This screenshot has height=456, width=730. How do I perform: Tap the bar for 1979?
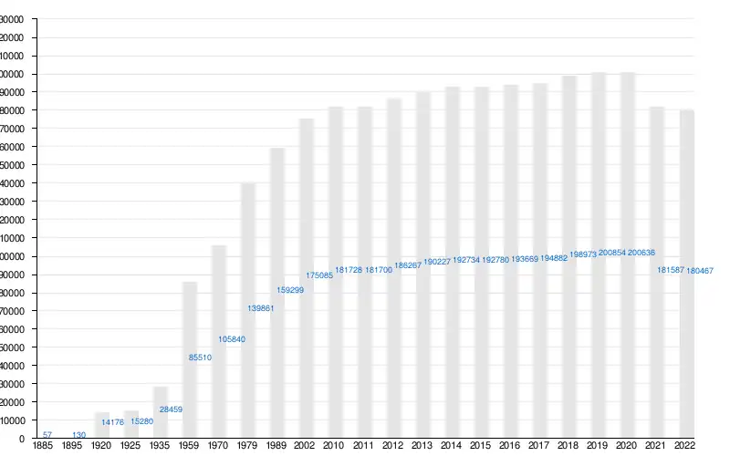click(248, 311)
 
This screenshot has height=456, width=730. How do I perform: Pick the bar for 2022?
click(686, 274)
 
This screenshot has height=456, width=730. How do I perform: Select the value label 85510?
click(200, 358)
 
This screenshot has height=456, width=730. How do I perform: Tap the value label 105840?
click(232, 339)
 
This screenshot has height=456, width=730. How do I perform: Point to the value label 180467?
click(700, 271)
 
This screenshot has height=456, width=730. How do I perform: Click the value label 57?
click(47, 434)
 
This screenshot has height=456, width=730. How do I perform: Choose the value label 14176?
click(112, 422)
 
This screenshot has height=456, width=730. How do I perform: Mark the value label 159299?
click(290, 290)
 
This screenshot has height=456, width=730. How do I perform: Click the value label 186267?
click(407, 265)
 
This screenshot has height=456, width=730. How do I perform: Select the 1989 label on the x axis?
click(277, 446)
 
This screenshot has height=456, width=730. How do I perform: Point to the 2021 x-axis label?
click(657, 446)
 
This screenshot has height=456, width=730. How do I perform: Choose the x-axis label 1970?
click(219, 446)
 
